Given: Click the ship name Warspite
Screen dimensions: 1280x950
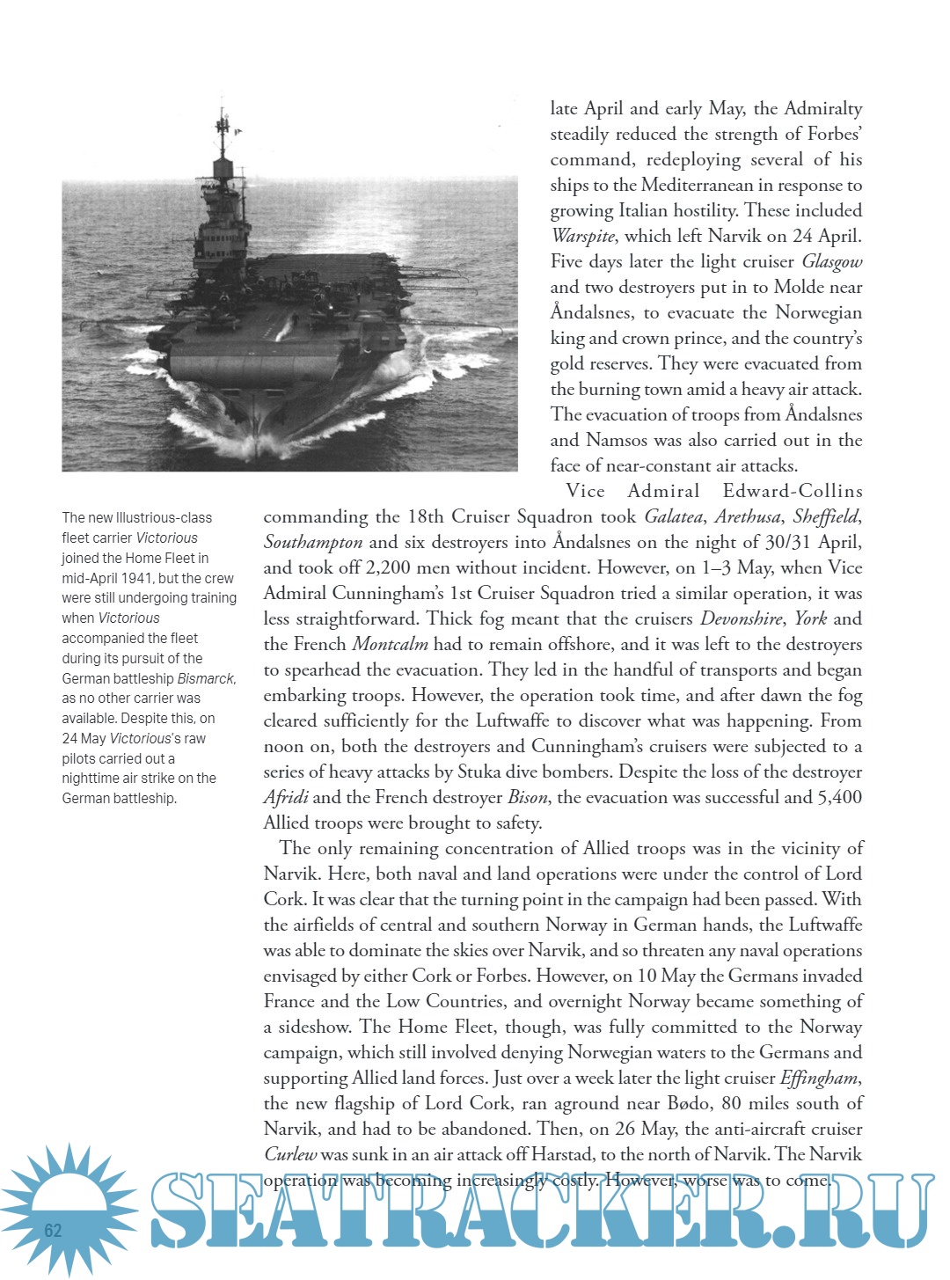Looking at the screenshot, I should click(x=582, y=237).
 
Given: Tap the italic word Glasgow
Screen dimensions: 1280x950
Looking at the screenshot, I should click(x=831, y=262).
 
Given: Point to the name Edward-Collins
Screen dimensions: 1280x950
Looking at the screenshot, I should click(x=792, y=492).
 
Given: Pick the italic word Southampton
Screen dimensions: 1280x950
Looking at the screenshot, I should click(x=312, y=543).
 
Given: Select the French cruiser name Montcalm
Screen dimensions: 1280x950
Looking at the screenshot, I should click(x=390, y=645).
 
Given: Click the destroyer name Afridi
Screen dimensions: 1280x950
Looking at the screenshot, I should click(x=286, y=798).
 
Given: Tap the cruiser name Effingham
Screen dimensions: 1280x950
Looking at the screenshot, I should click(x=818, y=1079).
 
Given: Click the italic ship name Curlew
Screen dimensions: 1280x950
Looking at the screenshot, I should click(x=290, y=1155).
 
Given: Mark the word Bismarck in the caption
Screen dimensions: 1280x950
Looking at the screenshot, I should click(x=206, y=679).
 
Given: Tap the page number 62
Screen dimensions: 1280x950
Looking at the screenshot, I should click(x=54, y=1230).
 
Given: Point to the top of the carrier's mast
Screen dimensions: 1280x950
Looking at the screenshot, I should click(x=223, y=109).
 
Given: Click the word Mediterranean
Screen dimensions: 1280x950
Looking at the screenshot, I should click(x=698, y=186).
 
